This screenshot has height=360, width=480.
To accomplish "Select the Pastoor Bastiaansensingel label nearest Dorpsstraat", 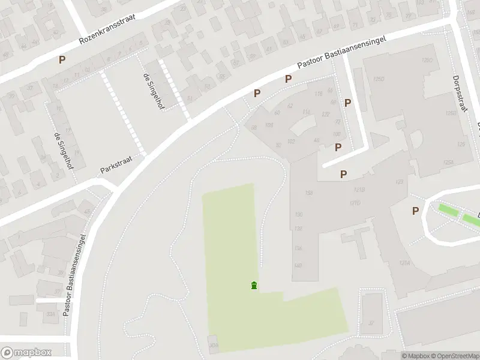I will pyautogui.click(x=343, y=54).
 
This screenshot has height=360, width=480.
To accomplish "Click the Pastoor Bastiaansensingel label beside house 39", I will pyautogui.click(x=77, y=274).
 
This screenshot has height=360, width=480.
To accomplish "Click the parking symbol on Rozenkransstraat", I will pyautogui.click(x=61, y=59).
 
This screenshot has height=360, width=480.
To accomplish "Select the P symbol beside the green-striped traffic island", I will pyautogui.click(x=415, y=211).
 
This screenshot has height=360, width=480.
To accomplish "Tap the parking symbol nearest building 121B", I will pyautogui.click(x=343, y=174).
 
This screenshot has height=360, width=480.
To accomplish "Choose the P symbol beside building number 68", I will pyautogui.click(x=257, y=93).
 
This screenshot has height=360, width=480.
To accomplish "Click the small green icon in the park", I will pyautogui.click(x=254, y=285).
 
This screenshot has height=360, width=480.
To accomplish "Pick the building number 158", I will pyautogui.click(x=309, y=193).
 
